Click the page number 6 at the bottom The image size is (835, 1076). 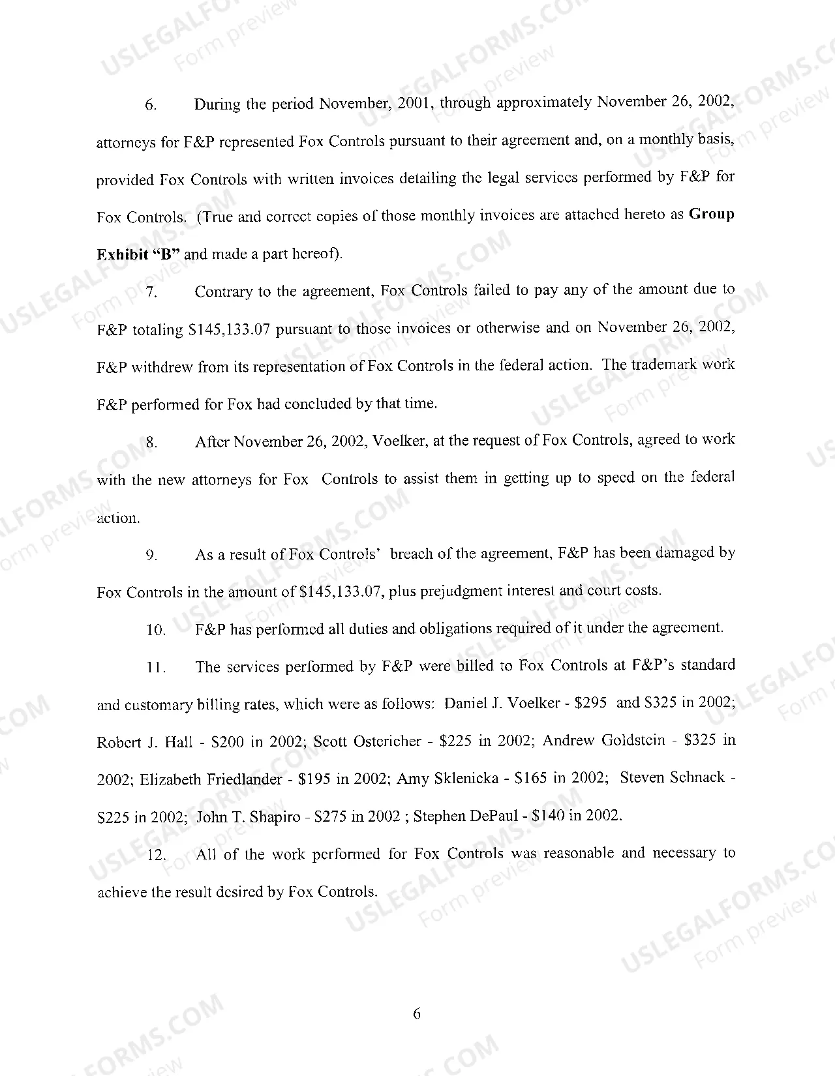[417, 1013]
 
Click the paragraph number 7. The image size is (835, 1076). [151, 292]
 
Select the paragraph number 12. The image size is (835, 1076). [157, 856]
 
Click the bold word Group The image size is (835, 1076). [712, 215]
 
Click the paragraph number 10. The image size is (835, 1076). [157, 630]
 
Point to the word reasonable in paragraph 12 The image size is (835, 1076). [579, 853]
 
